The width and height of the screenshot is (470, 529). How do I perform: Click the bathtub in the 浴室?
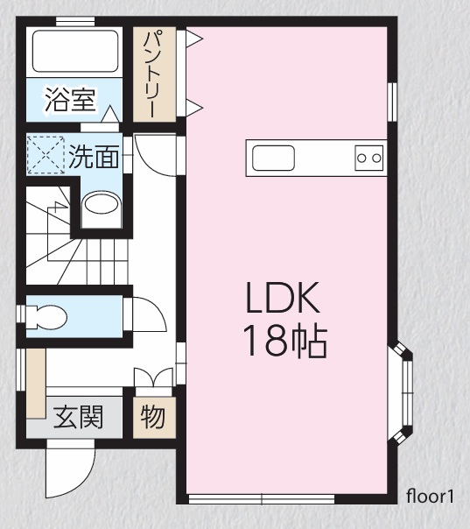75,51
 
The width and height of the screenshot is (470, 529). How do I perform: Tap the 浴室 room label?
70,100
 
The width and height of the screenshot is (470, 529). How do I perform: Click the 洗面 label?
94,156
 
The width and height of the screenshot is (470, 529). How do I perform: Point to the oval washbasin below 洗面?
102,203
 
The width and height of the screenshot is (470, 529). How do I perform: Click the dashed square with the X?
46,155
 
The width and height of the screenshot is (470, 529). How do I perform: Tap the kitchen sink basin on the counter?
273,158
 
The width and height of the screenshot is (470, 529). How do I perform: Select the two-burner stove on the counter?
369,158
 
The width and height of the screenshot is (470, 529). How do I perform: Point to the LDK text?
283,298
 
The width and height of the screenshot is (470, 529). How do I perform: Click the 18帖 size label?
285,341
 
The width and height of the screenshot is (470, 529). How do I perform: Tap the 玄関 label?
78,417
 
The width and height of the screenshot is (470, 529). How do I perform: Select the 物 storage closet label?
153,417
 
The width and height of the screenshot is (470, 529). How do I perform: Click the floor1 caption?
430,497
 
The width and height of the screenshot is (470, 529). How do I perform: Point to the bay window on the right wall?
403,392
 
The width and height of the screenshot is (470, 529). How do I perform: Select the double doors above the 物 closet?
153,377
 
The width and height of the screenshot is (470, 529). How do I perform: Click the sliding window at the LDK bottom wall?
262,499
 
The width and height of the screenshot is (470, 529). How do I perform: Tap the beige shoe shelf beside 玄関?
36,384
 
